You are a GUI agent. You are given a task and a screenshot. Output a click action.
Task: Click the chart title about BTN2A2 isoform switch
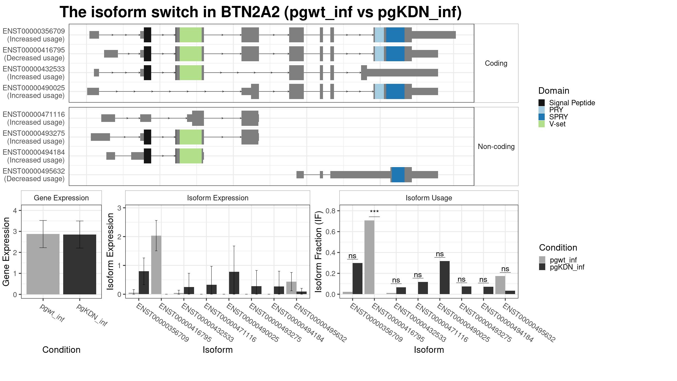coord(261,12)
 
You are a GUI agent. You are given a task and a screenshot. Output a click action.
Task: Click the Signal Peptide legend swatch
coord(542,103)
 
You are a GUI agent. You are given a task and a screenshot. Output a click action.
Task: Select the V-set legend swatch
coord(542,124)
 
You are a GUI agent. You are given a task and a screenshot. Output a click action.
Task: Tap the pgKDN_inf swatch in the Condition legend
coord(542,267)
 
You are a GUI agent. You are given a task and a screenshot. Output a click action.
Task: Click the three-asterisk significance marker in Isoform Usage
coord(374,212)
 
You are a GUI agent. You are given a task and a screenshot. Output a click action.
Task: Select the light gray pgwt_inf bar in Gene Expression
coord(43,264)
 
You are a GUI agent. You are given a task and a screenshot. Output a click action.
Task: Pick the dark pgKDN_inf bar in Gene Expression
coord(80,264)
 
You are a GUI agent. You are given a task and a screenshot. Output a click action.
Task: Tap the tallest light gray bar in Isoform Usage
coord(370,257)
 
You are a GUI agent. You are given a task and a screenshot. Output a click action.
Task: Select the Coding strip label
coord(496,63)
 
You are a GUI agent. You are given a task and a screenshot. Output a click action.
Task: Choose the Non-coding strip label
coord(496,146)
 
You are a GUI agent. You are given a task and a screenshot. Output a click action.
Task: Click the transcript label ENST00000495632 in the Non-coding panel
coord(34,171)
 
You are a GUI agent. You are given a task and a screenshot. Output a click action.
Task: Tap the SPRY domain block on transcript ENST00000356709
coord(395,35)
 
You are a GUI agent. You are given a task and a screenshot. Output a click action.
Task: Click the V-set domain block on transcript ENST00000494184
coord(191,156)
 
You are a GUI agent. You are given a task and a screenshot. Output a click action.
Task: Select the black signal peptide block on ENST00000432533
coord(148,73)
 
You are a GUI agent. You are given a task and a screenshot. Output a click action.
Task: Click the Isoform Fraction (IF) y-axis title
coord(319,251)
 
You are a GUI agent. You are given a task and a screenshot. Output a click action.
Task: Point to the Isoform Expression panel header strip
coord(217,198)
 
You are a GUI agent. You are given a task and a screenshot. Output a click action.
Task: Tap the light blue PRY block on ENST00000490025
coord(379,91)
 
